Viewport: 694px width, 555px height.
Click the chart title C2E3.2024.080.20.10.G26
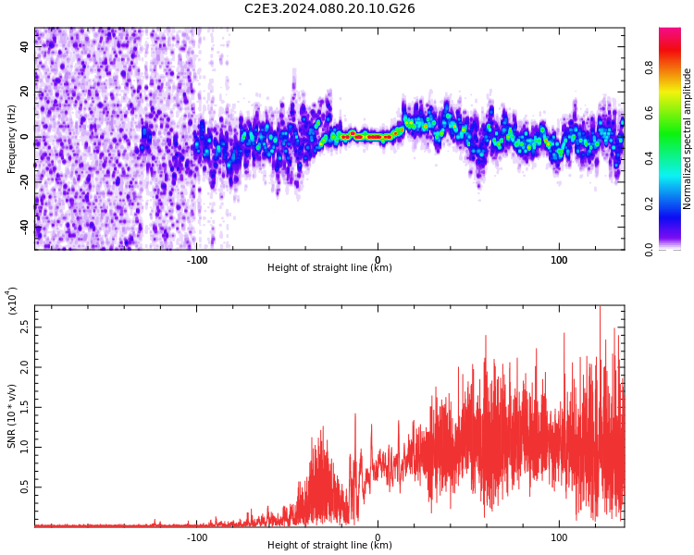(329, 8)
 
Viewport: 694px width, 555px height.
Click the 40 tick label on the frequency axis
(26, 47)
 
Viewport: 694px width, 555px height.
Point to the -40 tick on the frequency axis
(26, 226)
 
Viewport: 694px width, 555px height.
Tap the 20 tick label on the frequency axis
(26, 92)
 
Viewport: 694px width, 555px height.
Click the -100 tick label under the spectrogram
(196, 260)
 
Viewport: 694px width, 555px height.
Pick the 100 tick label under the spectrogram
(559, 260)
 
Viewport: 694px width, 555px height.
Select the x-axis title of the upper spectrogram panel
(329, 268)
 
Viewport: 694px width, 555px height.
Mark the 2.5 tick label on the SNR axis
(24, 328)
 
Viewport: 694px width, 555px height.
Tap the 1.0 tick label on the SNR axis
(24, 447)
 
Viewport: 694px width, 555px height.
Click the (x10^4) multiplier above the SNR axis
(12, 302)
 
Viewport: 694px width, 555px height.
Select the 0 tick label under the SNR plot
(378, 537)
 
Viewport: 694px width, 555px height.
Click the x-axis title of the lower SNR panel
(329, 546)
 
